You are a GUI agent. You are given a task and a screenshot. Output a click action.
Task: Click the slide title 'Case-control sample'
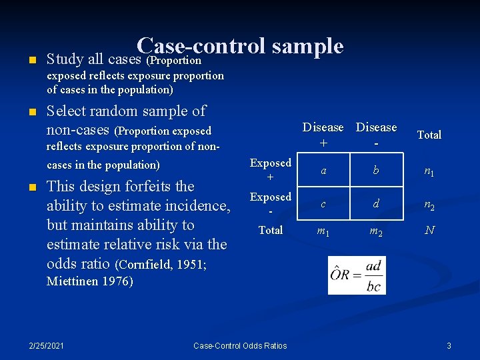240,46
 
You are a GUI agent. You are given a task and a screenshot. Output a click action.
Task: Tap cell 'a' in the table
323,171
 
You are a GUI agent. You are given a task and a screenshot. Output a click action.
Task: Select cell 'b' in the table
376,171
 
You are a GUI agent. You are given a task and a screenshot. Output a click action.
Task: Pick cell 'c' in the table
323,204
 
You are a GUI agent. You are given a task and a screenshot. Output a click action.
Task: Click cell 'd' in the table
376,204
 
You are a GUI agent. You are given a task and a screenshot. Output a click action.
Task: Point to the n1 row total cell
429,171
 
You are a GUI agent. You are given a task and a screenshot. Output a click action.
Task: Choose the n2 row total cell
429,205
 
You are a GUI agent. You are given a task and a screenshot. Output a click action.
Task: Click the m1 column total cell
323,231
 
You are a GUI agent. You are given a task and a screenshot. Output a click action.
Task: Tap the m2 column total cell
376,231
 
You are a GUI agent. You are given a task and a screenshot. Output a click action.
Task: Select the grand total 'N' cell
429,230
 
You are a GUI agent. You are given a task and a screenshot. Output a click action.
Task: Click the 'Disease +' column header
323,135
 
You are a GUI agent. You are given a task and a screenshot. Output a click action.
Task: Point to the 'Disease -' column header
376,135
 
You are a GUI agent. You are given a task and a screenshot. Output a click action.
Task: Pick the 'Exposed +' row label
270,169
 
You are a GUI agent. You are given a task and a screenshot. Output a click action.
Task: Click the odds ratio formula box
357,275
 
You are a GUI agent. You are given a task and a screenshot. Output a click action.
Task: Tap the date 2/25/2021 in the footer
47,345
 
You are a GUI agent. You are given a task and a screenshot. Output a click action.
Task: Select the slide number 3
449,345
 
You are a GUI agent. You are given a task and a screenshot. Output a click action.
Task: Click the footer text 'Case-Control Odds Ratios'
240,345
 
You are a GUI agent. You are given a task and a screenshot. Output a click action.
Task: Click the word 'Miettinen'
72,281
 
